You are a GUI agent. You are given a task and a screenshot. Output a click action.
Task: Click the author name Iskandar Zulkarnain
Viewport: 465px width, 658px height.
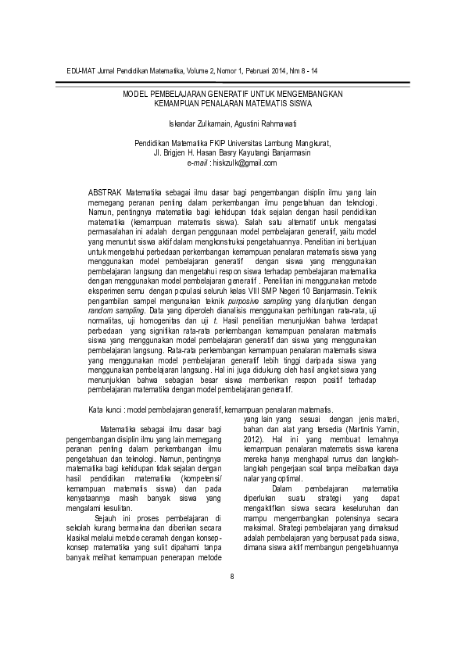tap(199, 124)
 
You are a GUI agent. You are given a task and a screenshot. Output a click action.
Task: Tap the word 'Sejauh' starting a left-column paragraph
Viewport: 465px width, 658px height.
tap(106, 518)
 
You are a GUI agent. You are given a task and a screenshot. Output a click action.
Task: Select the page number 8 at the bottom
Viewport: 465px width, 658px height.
tap(231, 599)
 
